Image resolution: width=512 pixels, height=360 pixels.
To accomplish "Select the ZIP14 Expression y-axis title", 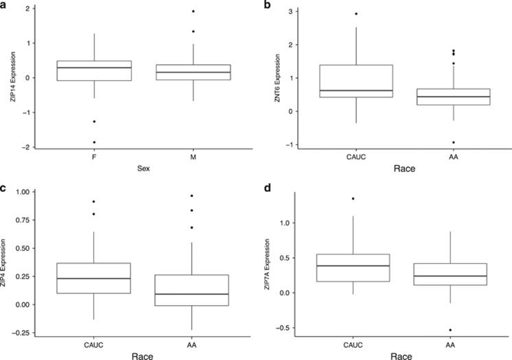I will tap(9, 77).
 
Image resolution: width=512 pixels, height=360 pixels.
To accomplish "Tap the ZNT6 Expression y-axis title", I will tap(270, 77).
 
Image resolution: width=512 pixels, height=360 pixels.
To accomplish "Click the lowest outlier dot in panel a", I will tap(93, 142).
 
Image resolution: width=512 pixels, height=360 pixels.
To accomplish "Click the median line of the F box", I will tap(93, 67).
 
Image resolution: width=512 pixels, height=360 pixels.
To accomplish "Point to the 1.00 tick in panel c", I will tap(23, 192).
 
